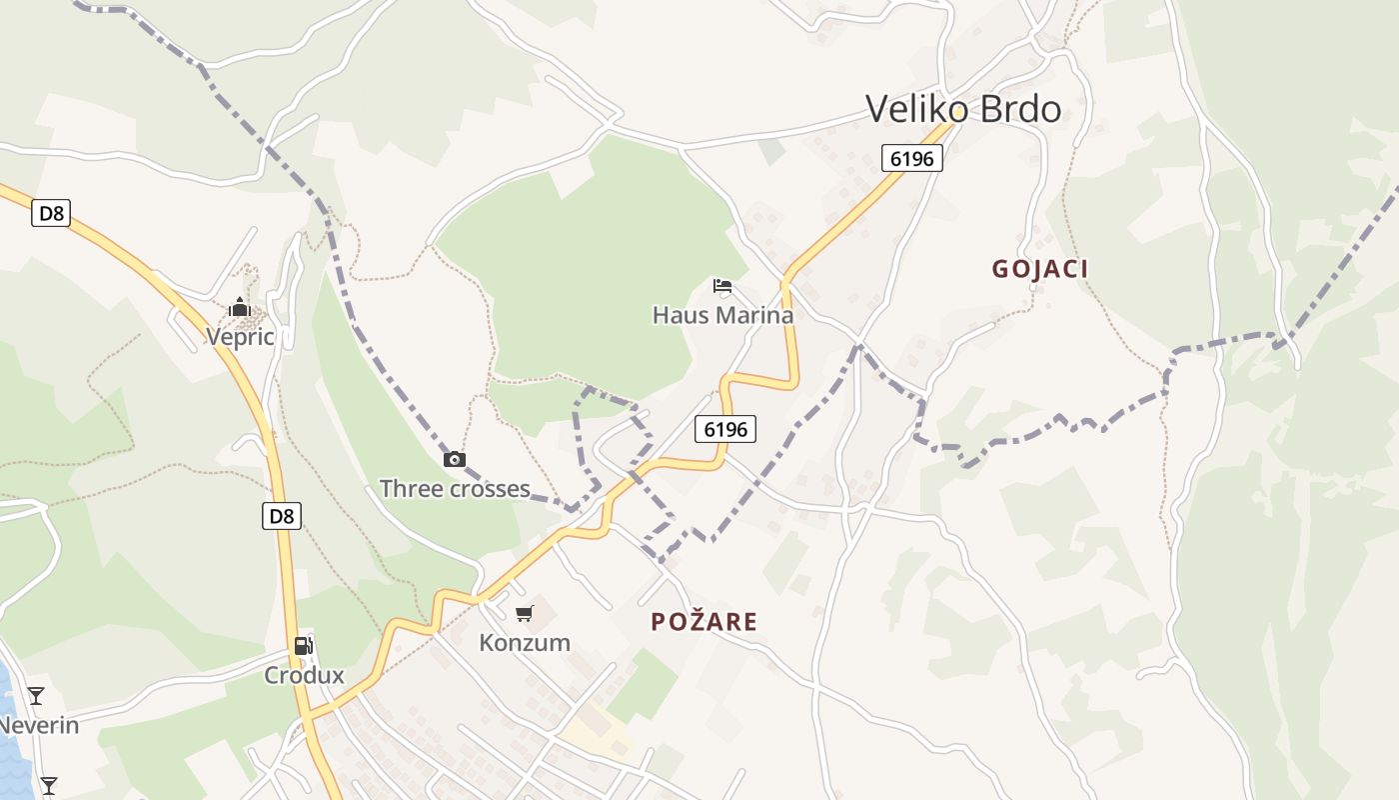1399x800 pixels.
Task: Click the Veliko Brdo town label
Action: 962,108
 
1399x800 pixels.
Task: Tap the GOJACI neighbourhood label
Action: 1039,268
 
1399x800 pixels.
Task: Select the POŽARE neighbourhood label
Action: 703,621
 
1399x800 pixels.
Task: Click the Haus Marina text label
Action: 722,315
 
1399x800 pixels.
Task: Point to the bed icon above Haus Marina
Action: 722,286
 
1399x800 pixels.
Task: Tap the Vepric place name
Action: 240,336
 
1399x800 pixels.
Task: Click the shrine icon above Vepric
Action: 240,307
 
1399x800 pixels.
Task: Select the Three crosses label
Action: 455,488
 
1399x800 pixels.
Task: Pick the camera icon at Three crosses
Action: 455,459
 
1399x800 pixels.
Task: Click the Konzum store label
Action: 525,642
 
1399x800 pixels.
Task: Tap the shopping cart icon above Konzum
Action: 525,613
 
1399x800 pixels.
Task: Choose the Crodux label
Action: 304,675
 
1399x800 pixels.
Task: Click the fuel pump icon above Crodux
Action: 304,646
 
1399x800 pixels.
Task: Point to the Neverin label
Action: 38,724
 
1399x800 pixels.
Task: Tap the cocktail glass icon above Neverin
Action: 36,695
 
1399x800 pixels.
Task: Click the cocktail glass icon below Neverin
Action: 48,785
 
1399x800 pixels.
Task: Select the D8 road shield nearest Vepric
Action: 51,213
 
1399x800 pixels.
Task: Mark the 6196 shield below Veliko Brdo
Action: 912,158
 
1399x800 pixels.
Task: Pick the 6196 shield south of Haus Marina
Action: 725,429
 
